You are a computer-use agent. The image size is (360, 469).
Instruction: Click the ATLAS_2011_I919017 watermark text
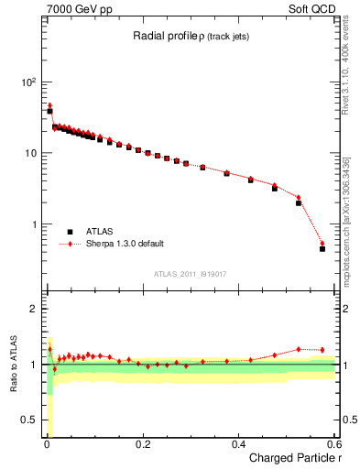pos(191,274)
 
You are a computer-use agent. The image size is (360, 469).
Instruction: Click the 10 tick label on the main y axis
pos(29,153)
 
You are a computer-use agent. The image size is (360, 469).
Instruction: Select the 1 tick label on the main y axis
pos(33,224)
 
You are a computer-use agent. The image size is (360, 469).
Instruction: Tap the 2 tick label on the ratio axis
pos(33,309)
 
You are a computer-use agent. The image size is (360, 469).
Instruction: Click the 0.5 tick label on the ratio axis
pos(28,420)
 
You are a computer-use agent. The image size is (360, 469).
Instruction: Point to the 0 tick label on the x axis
pos(46,443)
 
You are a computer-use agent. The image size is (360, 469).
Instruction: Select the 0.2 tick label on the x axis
pos(142,443)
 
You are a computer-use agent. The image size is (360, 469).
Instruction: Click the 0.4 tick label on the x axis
pos(238,443)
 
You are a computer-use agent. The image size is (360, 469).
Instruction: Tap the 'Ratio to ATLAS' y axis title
pos(15,365)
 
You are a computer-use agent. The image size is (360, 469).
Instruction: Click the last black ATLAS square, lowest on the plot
pos(322,248)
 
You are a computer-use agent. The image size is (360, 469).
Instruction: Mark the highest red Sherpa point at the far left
pos(49,105)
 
